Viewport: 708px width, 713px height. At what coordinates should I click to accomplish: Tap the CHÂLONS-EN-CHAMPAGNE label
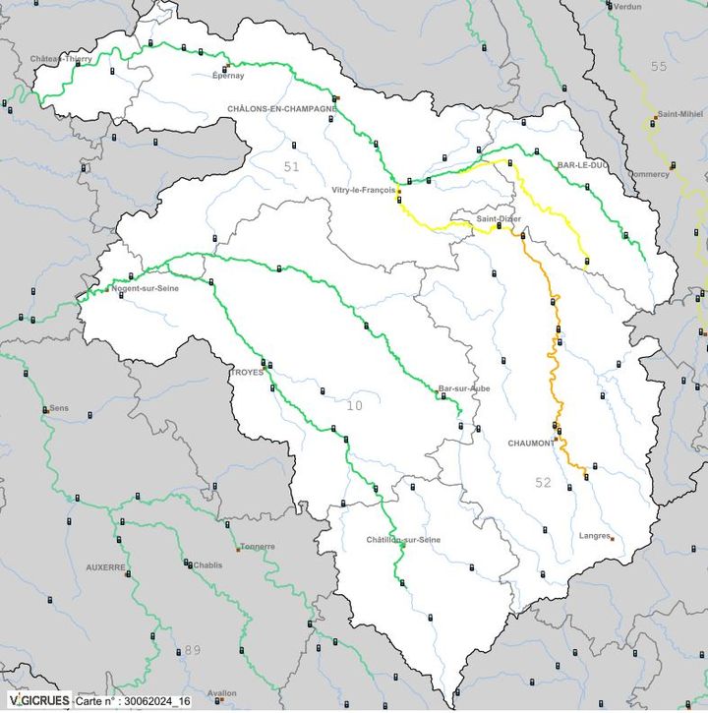click(x=281, y=108)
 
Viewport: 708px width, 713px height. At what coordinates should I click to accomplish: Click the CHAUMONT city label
click(x=531, y=443)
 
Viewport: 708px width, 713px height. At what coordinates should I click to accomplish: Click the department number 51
click(x=290, y=167)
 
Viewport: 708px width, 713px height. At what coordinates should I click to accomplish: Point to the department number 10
click(x=354, y=405)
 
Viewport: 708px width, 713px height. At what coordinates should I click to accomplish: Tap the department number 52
click(x=543, y=482)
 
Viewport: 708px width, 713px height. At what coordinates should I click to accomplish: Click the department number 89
click(x=193, y=650)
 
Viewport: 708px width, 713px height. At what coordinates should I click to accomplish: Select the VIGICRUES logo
click(x=37, y=701)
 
